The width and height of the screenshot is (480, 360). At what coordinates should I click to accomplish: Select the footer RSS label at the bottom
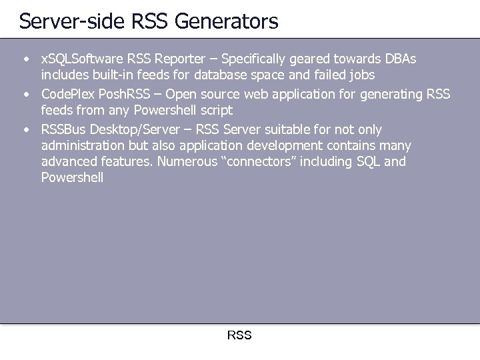239,335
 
